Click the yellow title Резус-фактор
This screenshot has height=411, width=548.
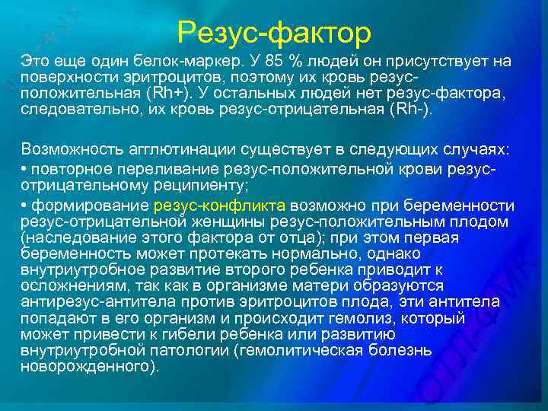tap(274, 33)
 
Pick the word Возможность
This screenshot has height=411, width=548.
tap(64, 148)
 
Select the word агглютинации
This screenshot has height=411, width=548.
tap(159, 148)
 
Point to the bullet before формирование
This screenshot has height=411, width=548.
tap(25, 205)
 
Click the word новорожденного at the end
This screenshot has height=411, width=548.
tap(86, 366)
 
